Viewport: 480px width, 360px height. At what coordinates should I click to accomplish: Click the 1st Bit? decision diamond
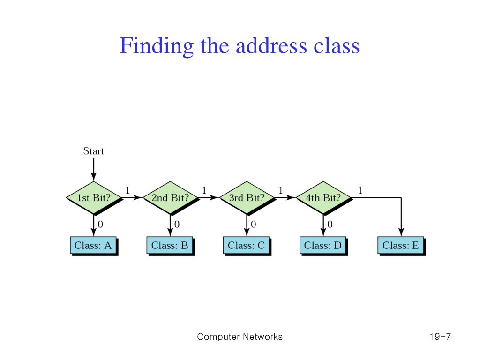pyautogui.click(x=93, y=198)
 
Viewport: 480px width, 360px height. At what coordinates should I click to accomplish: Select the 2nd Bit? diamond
pyautogui.click(x=170, y=198)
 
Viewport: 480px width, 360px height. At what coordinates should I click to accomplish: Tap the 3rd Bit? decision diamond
pyautogui.click(x=247, y=198)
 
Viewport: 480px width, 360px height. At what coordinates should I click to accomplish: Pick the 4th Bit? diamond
pyautogui.click(x=323, y=198)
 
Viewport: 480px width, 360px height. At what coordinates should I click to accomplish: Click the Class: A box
pyautogui.click(x=93, y=245)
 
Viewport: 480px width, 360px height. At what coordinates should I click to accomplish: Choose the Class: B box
pyautogui.click(x=170, y=245)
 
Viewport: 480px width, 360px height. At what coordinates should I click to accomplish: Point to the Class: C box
pyautogui.click(x=246, y=245)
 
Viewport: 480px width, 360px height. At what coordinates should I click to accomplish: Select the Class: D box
pyautogui.click(x=323, y=245)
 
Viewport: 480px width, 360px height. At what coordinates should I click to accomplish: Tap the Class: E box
pyautogui.click(x=401, y=245)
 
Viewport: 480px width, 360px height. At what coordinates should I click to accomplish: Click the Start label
pyautogui.click(x=93, y=151)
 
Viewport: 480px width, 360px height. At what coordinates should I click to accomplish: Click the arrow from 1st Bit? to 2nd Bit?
pyautogui.click(x=132, y=198)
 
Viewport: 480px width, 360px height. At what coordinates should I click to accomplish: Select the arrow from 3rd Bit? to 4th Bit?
pyautogui.click(x=285, y=198)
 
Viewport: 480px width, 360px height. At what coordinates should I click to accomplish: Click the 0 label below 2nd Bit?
pyautogui.click(x=177, y=225)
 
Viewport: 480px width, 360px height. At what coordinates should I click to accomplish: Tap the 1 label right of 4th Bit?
pyautogui.click(x=360, y=190)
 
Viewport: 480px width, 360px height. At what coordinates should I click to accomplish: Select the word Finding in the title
pyautogui.click(x=156, y=46)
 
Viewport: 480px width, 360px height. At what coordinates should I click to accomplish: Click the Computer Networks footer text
pyautogui.click(x=240, y=337)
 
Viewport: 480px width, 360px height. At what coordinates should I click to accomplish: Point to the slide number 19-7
pyautogui.click(x=439, y=337)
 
